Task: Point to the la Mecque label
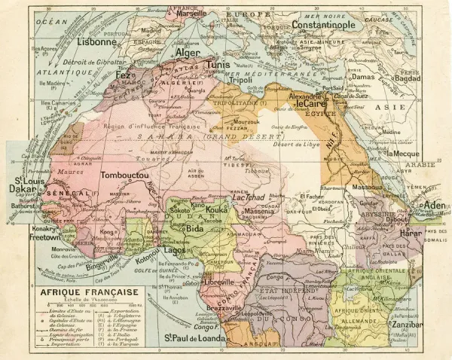(x=403, y=154)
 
